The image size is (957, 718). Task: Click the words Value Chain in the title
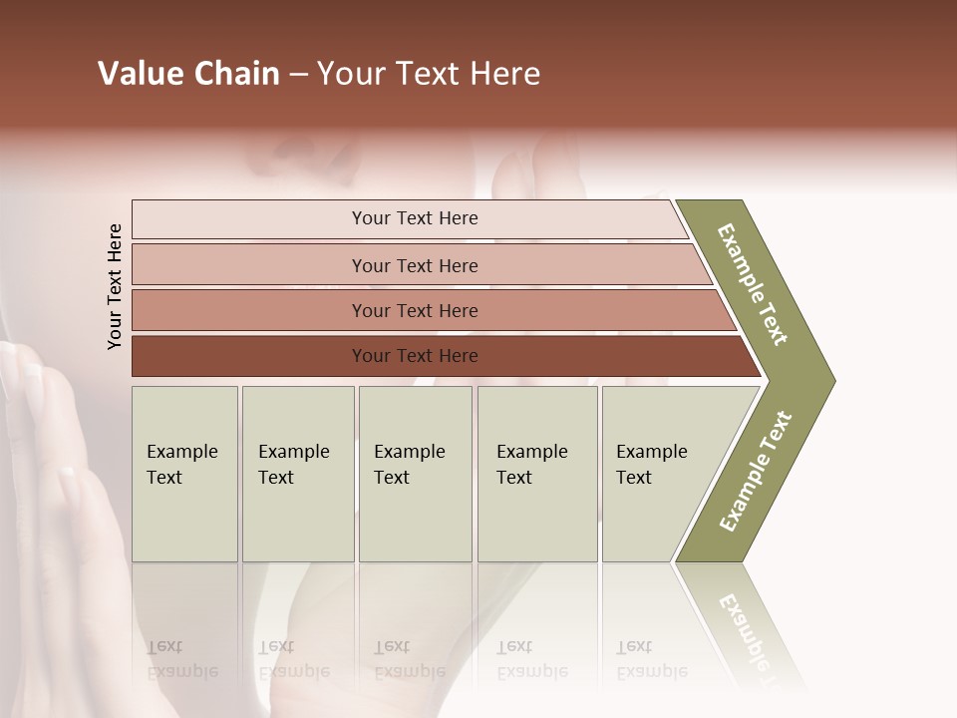188,74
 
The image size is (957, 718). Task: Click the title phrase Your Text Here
429,74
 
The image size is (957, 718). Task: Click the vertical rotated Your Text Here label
115,286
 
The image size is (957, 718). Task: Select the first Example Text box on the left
184,474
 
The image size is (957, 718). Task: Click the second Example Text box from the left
297,474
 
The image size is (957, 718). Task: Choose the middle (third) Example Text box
415,474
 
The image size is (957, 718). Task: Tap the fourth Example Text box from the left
537,474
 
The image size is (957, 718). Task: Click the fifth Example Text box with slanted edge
658,474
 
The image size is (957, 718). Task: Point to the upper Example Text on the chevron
753,284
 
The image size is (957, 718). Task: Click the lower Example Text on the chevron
755,471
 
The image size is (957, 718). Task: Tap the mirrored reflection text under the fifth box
651,659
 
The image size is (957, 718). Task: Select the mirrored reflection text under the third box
409,659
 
